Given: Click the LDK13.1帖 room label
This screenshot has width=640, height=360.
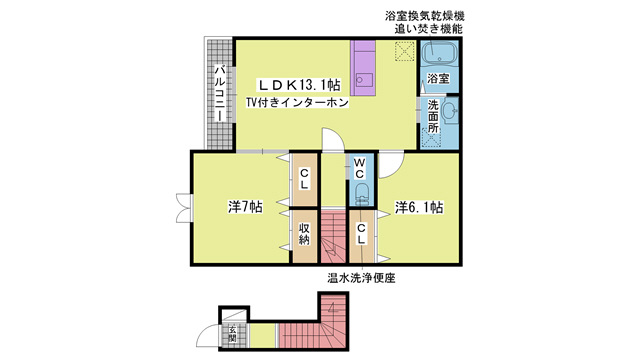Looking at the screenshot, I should coord(300,85).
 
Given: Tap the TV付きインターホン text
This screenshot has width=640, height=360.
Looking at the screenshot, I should coord(299,104).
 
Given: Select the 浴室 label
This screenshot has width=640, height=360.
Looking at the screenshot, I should coord(437,78).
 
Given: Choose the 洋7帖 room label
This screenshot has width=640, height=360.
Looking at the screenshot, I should coord(244,208).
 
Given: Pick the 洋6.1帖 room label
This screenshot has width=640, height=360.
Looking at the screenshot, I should coord(418,208).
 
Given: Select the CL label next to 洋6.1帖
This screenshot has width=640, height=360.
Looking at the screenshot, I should coord(360,232).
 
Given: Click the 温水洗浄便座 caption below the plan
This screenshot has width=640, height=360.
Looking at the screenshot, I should coord(361,278).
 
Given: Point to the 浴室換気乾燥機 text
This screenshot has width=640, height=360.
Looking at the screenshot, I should coord(424,17).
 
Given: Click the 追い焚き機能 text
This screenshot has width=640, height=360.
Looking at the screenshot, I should coord(431,30).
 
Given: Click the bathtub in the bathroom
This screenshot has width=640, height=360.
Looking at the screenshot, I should coord(438,53).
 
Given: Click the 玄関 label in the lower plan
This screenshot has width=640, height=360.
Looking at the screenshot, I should coord(232,333).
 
